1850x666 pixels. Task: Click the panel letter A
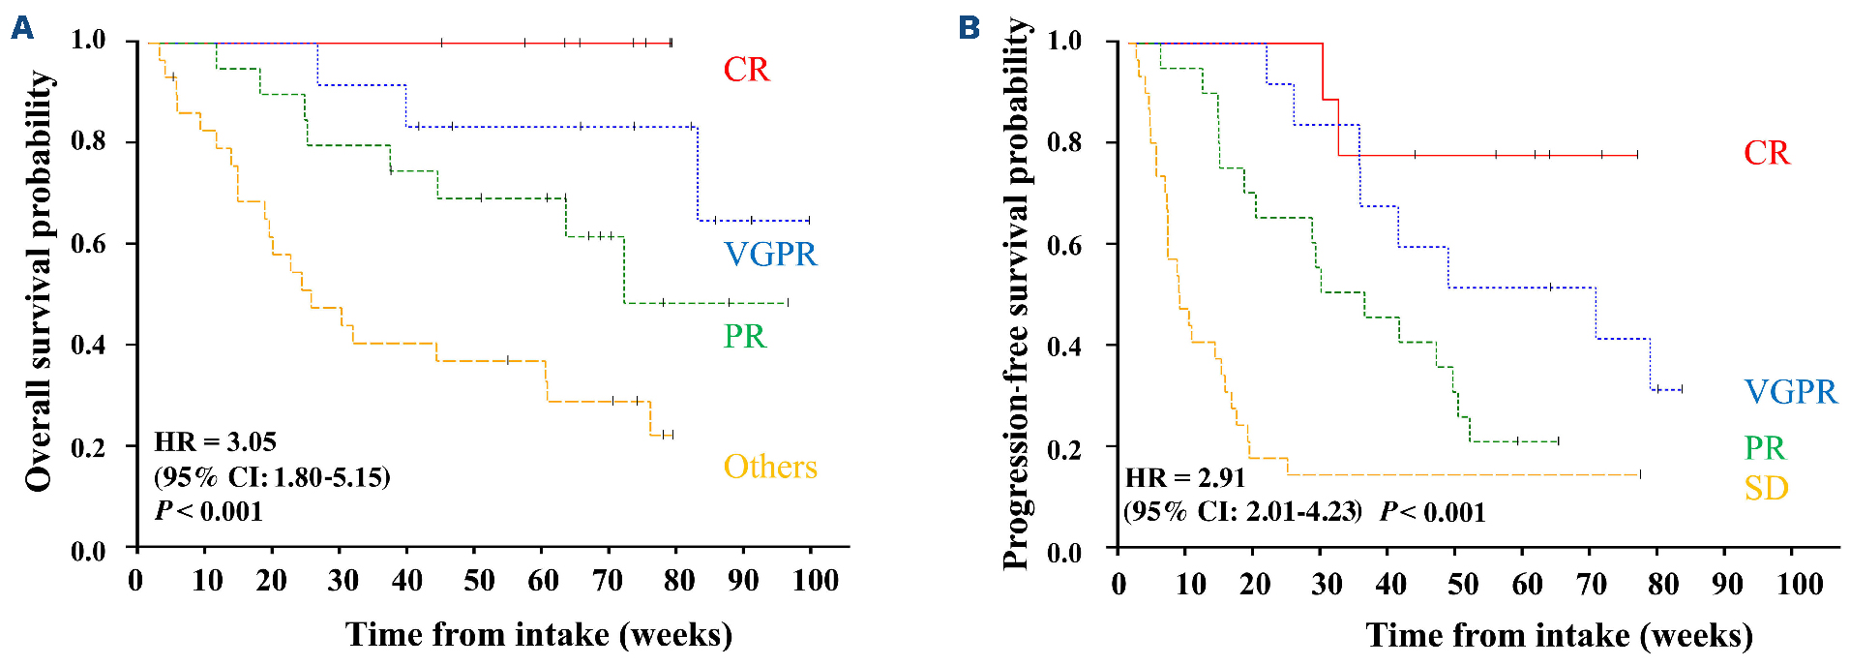point(21,28)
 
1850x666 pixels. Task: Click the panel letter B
point(969,28)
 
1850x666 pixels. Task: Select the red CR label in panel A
point(746,70)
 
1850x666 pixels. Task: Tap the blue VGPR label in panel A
point(770,254)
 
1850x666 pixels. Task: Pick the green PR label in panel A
point(744,336)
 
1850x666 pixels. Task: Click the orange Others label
point(770,467)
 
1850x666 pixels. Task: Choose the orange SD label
point(1766,488)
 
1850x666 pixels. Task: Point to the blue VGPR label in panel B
point(1790,391)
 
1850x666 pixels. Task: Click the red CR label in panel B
point(1766,153)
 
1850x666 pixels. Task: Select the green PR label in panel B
point(1764,447)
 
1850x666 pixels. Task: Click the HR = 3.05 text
point(215,442)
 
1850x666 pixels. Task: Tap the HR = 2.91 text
point(1185,477)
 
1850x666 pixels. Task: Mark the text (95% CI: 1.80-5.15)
point(272,477)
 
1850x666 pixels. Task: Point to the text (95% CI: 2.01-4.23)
point(1242,511)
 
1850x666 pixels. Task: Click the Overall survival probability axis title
point(39,281)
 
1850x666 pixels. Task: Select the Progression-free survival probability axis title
point(1015,294)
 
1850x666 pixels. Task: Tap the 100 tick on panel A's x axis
point(815,581)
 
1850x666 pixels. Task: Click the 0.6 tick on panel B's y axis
point(1063,245)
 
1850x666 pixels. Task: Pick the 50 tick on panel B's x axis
point(1462,584)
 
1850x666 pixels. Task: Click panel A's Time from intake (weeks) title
point(539,635)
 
